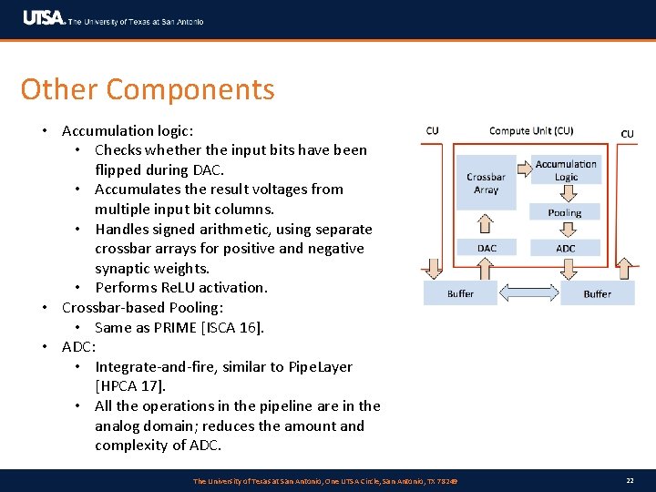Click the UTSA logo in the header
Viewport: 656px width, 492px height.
(44, 18)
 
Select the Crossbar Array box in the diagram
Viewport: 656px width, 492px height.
(486, 183)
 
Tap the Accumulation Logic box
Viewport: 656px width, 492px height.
(566, 170)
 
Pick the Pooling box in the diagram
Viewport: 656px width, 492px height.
(565, 212)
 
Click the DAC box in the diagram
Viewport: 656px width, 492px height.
(487, 248)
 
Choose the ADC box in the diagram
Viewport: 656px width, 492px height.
(566, 248)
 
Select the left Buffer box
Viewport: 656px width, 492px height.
(460, 293)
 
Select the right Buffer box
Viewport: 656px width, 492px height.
(597, 293)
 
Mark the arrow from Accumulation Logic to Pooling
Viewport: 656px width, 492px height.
(565, 193)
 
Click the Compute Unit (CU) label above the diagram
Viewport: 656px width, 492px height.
(531, 131)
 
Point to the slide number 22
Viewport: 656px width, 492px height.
(630, 480)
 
